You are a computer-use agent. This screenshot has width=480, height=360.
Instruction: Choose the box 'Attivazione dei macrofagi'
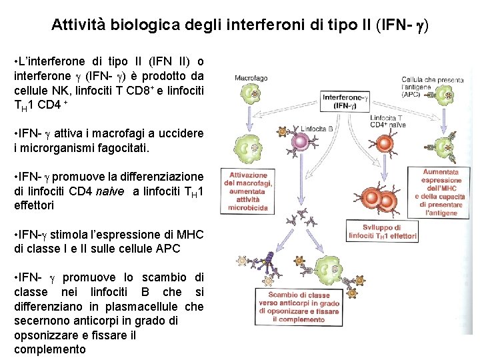[248, 192]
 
